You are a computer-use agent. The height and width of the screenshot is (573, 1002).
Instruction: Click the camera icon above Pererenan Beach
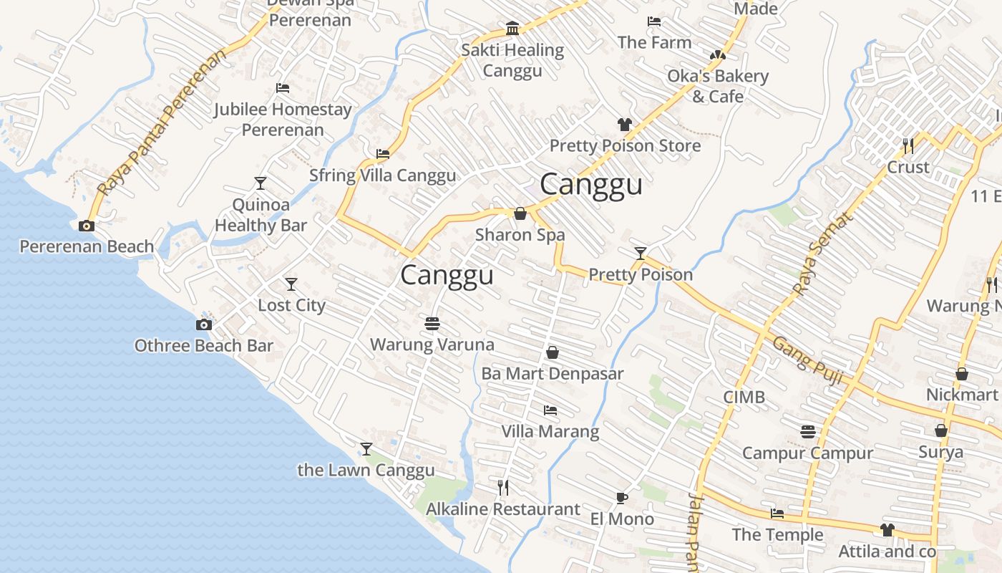click(x=87, y=226)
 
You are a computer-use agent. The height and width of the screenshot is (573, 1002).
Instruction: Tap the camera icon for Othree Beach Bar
click(x=204, y=324)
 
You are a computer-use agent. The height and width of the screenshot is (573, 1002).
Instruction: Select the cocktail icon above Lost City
click(x=291, y=284)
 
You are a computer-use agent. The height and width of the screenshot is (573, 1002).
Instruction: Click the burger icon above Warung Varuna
click(x=432, y=324)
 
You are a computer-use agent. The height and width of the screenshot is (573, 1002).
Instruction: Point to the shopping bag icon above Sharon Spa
click(x=520, y=213)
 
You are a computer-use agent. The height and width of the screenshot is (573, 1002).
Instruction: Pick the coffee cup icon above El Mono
click(x=621, y=498)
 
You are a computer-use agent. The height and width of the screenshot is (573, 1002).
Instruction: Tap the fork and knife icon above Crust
click(x=908, y=146)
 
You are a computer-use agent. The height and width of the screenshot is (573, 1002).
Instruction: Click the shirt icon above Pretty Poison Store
click(x=625, y=125)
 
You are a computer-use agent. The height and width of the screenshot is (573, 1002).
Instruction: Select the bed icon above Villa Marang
click(x=550, y=410)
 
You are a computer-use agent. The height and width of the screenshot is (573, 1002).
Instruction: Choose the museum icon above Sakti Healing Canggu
click(x=512, y=29)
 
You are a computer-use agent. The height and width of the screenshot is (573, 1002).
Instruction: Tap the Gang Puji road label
click(x=807, y=361)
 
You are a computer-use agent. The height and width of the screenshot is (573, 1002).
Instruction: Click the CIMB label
click(x=744, y=397)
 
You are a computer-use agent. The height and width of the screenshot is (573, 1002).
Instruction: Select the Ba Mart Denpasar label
click(x=552, y=373)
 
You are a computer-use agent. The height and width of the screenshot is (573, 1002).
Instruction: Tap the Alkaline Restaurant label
click(x=502, y=509)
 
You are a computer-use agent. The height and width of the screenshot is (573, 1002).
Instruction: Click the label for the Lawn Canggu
click(x=366, y=470)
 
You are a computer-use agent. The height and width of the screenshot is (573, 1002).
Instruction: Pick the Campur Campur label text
click(x=807, y=453)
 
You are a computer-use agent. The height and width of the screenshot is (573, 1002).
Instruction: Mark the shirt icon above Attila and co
click(x=887, y=530)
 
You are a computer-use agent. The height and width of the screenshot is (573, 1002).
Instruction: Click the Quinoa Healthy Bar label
click(x=261, y=215)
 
